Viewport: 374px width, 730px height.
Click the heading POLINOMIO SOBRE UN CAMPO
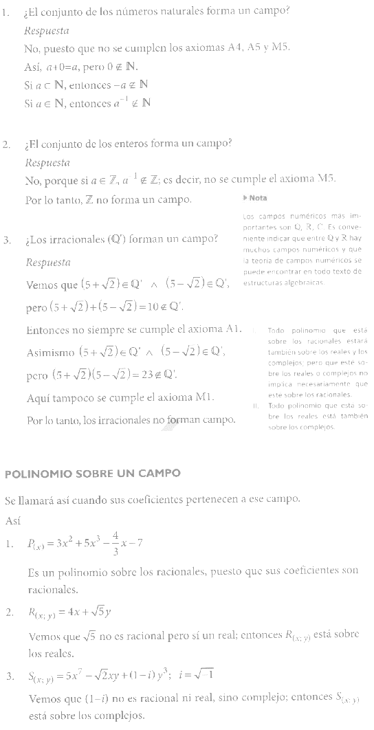pyautogui.click(x=92, y=474)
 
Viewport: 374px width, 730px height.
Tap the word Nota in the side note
pyautogui.click(x=258, y=198)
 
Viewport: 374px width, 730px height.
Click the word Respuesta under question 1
pyautogui.click(x=46, y=31)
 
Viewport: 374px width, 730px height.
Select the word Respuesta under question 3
pyautogui.click(x=48, y=263)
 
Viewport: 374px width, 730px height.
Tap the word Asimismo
pyautogui.click(x=50, y=353)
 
